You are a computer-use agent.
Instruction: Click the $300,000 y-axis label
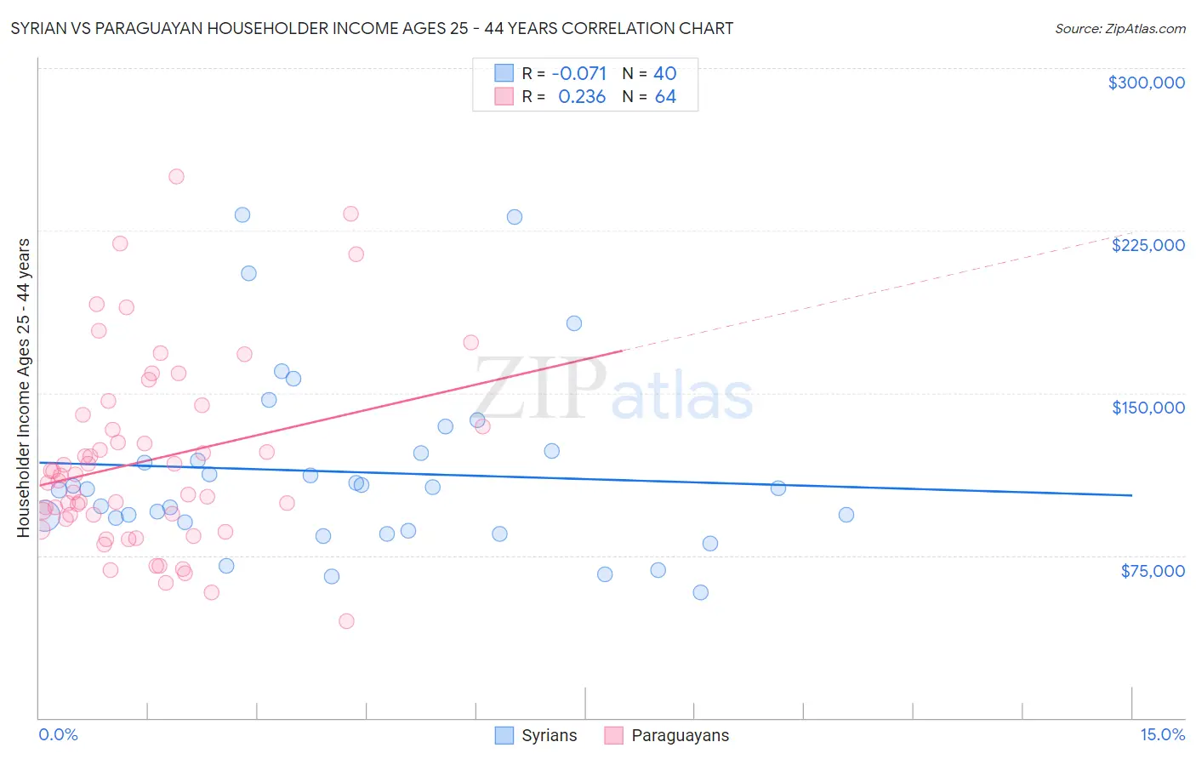click(1146, 83)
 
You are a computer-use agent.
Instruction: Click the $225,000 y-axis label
click(1148, 245)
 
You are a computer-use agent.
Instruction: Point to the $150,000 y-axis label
click(1148, 408)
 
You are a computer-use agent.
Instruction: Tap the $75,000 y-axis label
click(1152, 571)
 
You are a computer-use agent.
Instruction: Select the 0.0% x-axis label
click(58, 734)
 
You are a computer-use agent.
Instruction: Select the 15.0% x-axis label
click(1162, 734)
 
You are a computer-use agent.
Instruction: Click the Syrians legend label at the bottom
click(549, 735)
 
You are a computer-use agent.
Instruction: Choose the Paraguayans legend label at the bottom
click(680, 735)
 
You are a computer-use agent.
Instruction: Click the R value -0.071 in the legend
click(579, 73)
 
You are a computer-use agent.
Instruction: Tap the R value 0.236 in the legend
click(582, 97)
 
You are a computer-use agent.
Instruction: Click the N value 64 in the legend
click(665, 97)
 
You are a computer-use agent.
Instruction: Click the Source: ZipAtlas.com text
click(1119, 28)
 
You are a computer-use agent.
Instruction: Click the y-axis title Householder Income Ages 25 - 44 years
click(23, 387)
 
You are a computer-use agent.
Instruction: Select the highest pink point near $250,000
click(176, 177)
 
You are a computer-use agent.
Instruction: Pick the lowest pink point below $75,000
click(346, 621)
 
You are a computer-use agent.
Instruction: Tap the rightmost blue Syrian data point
click(846, 515)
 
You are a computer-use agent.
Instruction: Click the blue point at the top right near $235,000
click(514, 217)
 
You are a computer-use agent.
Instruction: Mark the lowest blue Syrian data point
click(700, 592)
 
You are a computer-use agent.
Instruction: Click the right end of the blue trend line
click(1131, 495)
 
